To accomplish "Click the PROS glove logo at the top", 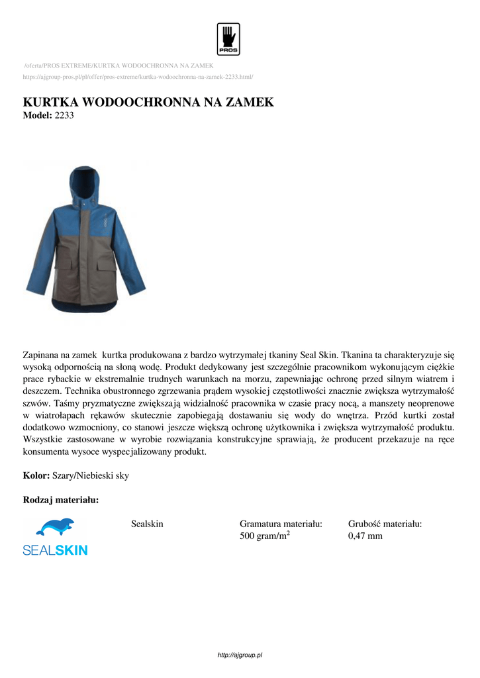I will tap(228, 39).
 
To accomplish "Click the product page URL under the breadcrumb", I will tap(138, 77).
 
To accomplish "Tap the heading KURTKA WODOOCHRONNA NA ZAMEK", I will tap(148, 103).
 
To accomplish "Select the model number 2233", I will tap(64, 115).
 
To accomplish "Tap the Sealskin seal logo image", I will tap(55, 536).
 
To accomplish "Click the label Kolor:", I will tap(36, 475).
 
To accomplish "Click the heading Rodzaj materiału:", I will tap(61, 500).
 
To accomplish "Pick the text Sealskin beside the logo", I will tap(147, 524).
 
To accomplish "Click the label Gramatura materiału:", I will tap(281, 524).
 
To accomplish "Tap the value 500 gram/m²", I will tap(265, 536).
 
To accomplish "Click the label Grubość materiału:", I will tap(385, 524).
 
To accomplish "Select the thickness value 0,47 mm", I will tap(365, 536).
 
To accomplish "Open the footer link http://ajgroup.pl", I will tap(240, 655).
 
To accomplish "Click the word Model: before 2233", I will tap(36, 115).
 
